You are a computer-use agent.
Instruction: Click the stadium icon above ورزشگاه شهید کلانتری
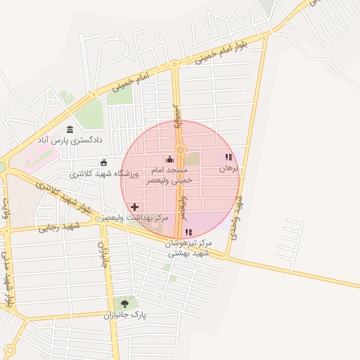coord(104,162)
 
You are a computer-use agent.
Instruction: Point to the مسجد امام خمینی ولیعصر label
coord(167,175)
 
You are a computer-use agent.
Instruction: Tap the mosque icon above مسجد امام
coord(168,160)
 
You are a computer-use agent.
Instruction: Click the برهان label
coord(229,169)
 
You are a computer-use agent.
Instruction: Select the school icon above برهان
coord(228,157)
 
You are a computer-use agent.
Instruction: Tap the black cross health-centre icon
coord(135,207)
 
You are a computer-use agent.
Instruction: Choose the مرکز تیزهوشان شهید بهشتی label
coord(188,247)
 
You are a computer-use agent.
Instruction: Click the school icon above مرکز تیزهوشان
coord(188,232)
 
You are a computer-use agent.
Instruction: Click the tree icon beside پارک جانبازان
coord(125,304)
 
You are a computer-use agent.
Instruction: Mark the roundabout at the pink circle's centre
coord(180,150)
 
